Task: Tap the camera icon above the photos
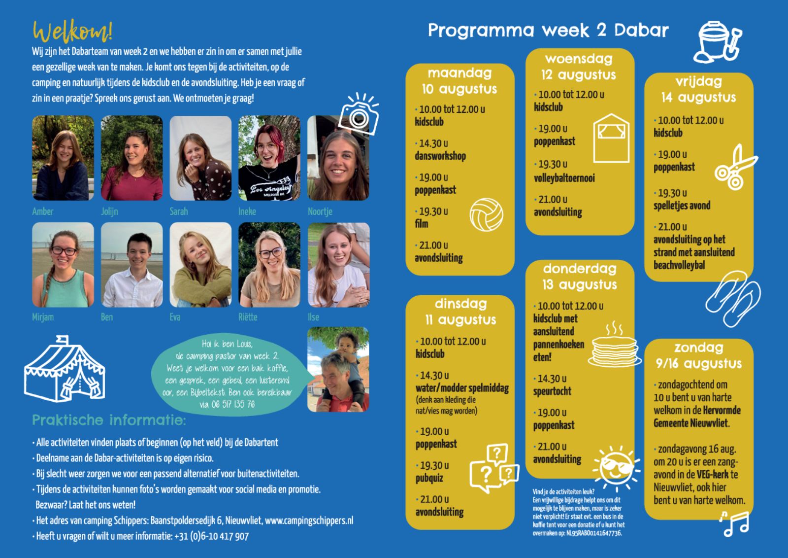pos(359,114)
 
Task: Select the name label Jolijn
pos(109,211)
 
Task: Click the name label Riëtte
pos(248,317)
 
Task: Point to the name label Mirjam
pos(43,317)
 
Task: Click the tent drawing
pos(65,369)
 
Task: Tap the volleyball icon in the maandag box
pos(487,214)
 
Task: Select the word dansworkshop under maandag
pos(440,156)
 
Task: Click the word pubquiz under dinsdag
pos(429,479)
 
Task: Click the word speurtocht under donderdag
pos(552,391)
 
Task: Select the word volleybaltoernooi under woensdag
pos(564,178)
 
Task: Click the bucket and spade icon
pos(718,42)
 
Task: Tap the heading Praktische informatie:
pos(109,420)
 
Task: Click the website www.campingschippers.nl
pos(309,521)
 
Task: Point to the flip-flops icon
pos(733,298)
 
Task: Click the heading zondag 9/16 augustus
pos(699,355)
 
